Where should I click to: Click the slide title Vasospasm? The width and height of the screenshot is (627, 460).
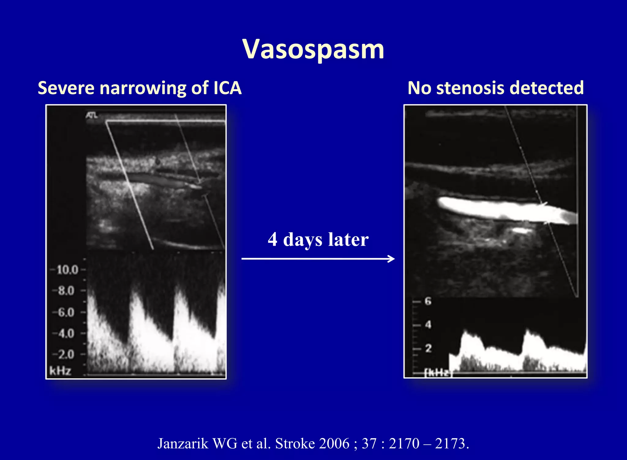tap(313, 50)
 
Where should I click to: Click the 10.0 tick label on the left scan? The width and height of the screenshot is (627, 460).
tap(67, 270)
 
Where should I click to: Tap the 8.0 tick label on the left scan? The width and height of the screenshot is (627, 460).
tap(66, 291)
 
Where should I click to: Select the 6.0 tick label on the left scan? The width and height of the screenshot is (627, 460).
tap(66, 312)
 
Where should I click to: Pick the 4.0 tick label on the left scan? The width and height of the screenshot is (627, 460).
tap(66, 333)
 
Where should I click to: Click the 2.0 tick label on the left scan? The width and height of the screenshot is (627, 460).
tap(66, 355)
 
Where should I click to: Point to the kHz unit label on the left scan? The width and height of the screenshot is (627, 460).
tap(60, 371)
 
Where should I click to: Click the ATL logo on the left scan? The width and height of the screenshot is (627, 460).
tap(92, 115)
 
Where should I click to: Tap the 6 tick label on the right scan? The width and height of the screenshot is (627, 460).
tap(428, 301)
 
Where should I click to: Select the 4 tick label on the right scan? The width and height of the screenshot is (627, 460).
tap(428, 325)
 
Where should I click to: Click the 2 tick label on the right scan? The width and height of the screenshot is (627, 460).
tap(428, 348)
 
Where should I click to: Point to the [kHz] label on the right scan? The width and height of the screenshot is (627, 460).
tap(437, 373)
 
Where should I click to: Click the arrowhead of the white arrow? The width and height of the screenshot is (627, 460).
tap(392, 259)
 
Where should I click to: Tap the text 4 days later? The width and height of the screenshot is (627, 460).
tap(318, 239)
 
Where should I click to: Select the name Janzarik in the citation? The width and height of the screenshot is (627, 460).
tap(183, 443)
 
